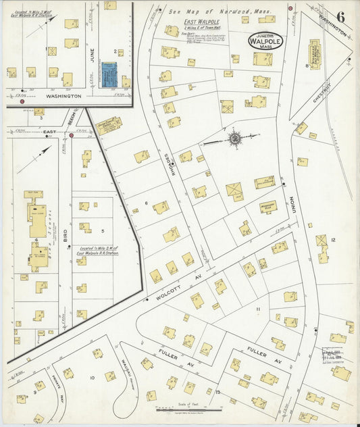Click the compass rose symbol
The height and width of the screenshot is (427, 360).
tap(234, 139)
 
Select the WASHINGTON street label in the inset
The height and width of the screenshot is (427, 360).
tap(58, 97)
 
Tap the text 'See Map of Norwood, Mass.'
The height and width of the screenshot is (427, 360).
tap(209, 11)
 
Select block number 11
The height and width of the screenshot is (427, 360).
tap(257, 309)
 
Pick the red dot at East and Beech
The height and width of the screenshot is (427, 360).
tap(71, 135)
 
